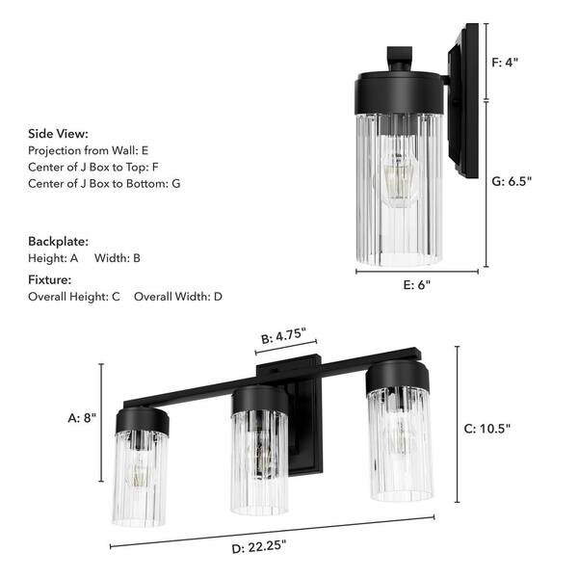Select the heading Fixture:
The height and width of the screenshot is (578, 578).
tap(50, 279)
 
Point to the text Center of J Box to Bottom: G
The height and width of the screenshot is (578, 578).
tap(104, 183)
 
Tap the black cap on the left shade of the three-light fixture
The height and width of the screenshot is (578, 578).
tap(143, 419)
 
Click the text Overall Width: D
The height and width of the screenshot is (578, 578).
tap(178, 297)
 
